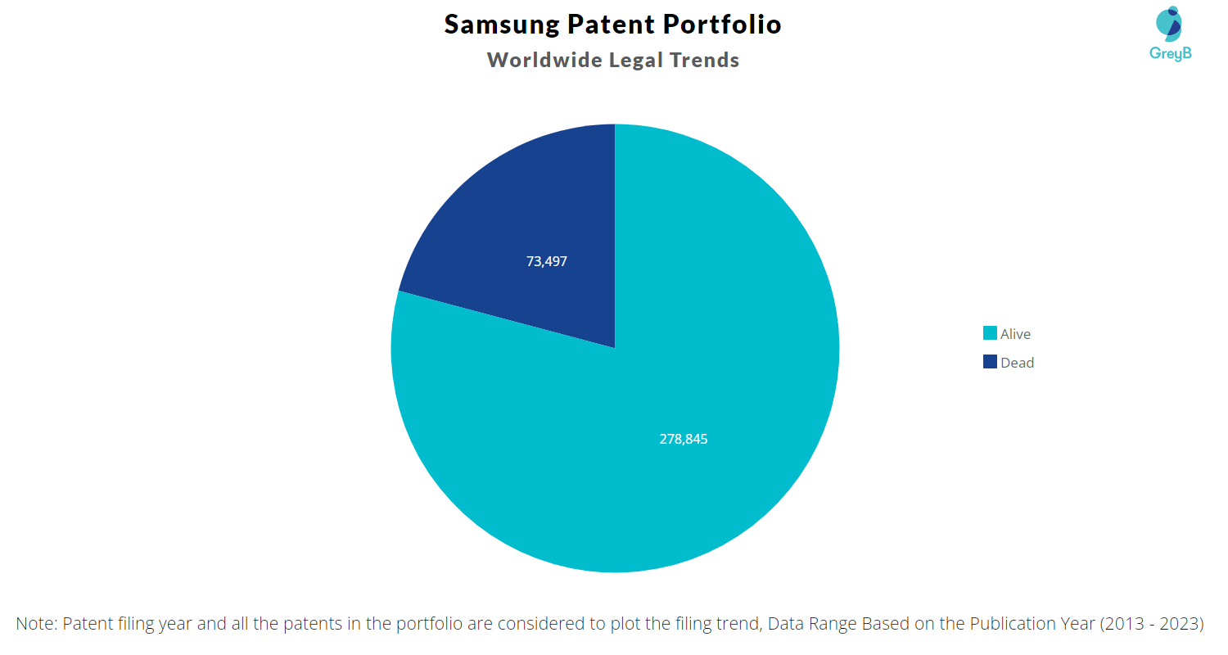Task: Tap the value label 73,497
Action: click(547, 262)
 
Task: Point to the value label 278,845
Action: click(684, 439)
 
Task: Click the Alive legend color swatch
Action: click(990, 333)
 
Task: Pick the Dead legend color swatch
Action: click(990, 362)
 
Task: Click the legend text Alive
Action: click(1015, 334)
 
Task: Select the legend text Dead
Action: click(1017, 363)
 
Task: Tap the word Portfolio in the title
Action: click(722, 25)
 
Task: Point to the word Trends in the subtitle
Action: click(708, 60)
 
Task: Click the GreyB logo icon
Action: click(1168, 25)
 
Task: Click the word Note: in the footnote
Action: click(36, 623)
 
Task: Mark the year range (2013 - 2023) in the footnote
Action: click(1152, 623)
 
